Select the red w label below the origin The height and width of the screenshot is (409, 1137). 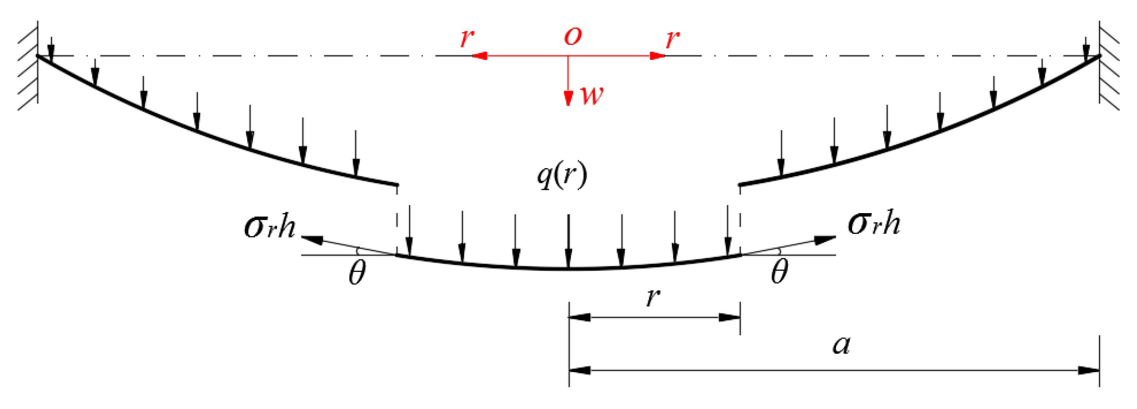pyautogui.click(x=592, y=95)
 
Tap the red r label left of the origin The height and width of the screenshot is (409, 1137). pyautogui.click(x=467, y=38)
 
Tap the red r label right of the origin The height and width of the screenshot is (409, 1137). pyautogui.click(x=672, y=39)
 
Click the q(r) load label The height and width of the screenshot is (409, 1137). pyautogui.click(x=562, y=175)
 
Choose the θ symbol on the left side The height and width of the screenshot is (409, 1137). pyautogui.click(x=357, y=273)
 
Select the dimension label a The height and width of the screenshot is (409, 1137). pyautogui.click(x=841, y=345)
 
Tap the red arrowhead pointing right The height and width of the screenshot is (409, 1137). pyautogui.click(x=658, y=56)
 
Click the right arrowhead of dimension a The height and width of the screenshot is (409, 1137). pyautogui.click(x=1089, y=370)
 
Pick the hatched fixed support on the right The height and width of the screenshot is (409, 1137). pyautogui.click(x=1108, y=66)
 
